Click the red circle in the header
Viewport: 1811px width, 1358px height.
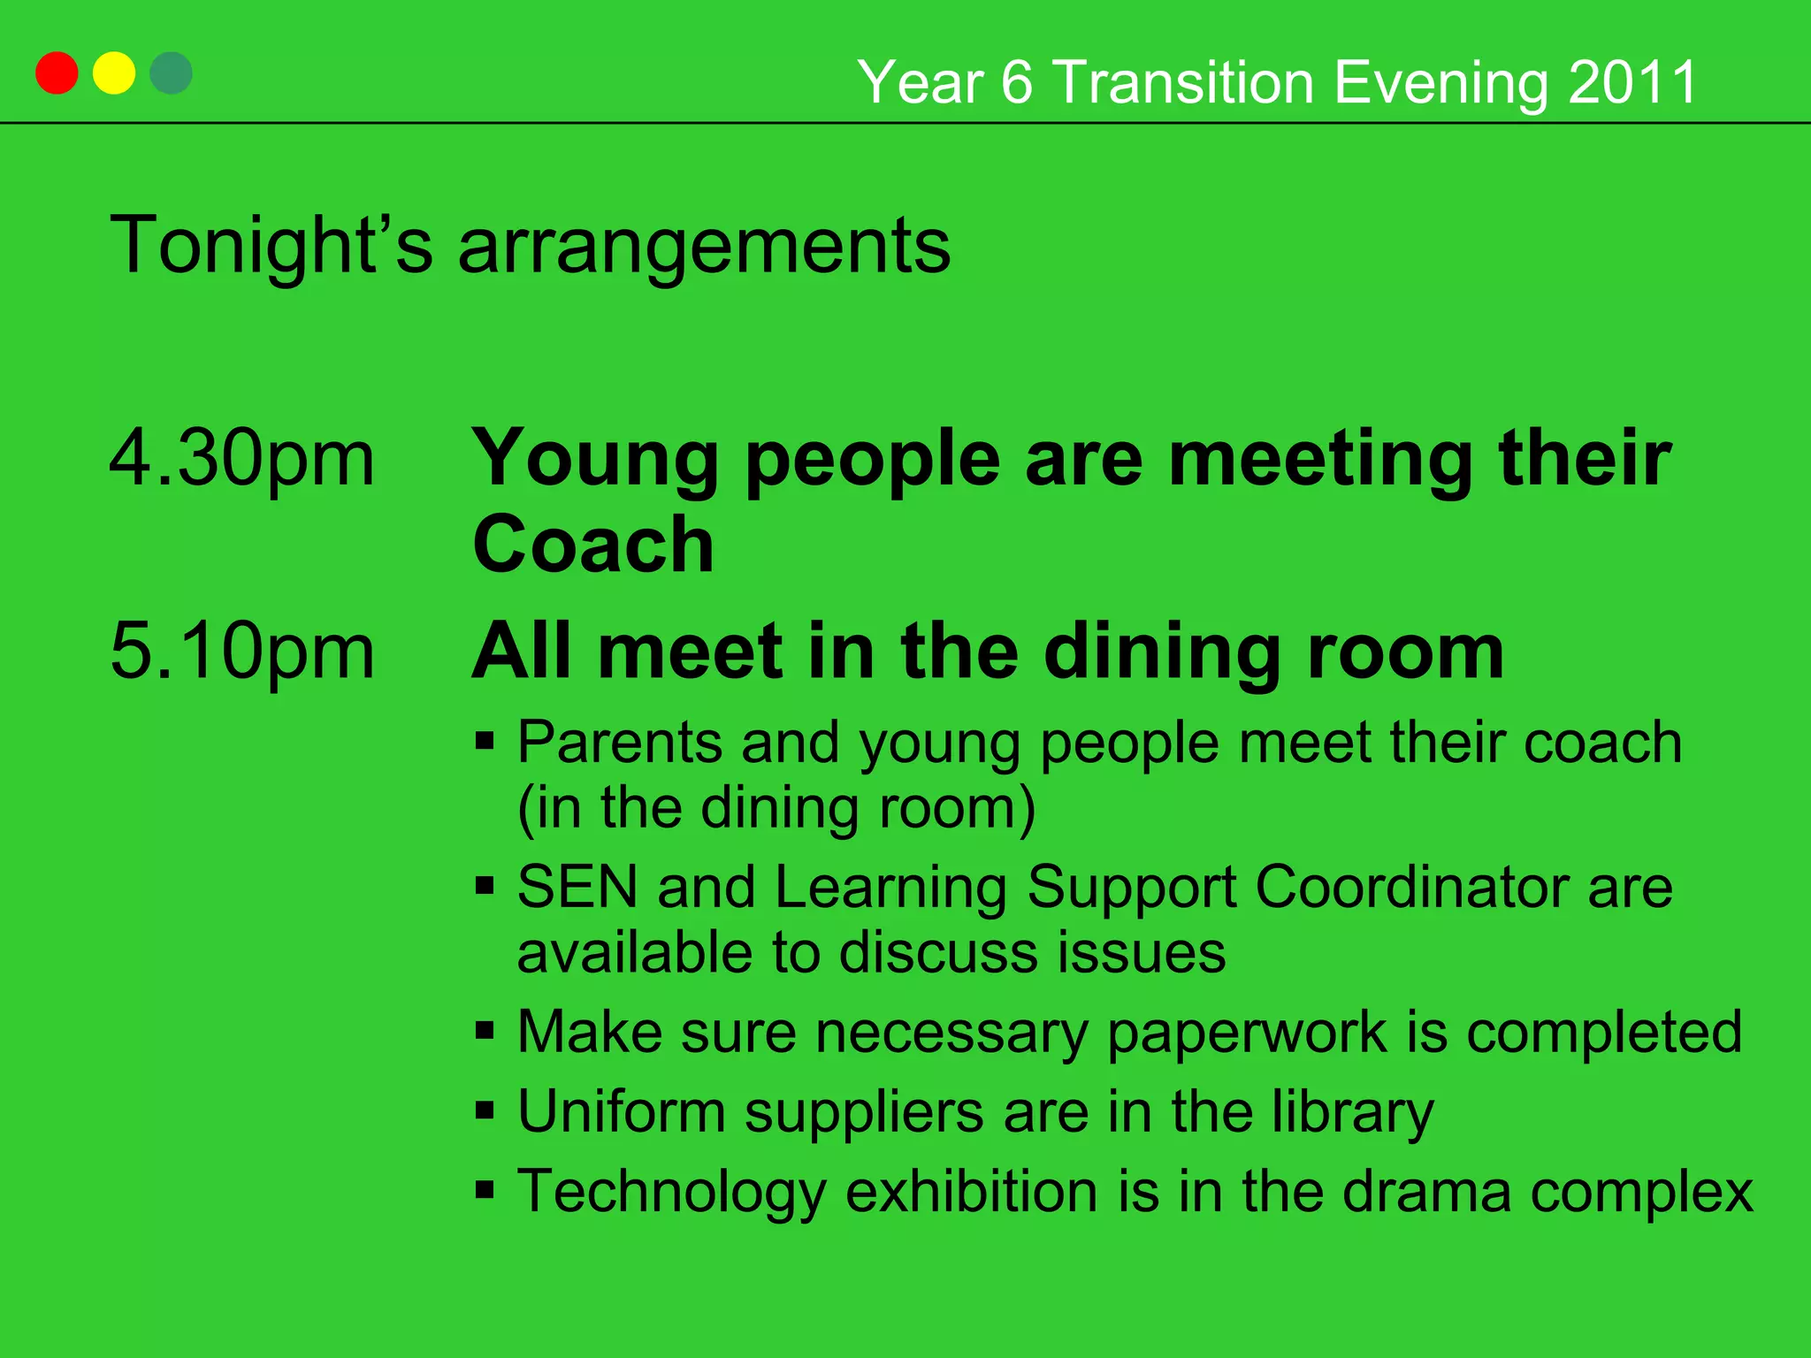pyautogui.click(x=57, y=73)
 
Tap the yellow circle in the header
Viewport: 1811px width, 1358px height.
pyautogui.click(x=114, y=73)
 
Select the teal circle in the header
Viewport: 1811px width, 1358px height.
pyautogui.click(x=171, y=73)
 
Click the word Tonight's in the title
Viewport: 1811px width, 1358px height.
pyautogui.click(x=271, y=246)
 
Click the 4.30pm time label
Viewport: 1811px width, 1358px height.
pyautogui.click(x=241, y=458)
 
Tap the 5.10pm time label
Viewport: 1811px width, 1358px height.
pyautogui.click(x=241, y=652)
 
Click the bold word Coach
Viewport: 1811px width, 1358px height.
pyautogui.click(x=593, y=544)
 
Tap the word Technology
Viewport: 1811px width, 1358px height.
pyautogui.click(x=671, y=1193)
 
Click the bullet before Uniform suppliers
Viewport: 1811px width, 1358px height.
pyautogui.click(x=485, y=1110)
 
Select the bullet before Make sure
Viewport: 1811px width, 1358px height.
pyautogui.click(x=485, y=1030)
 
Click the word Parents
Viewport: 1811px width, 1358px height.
pyautogui.click(x=619, y=742)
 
